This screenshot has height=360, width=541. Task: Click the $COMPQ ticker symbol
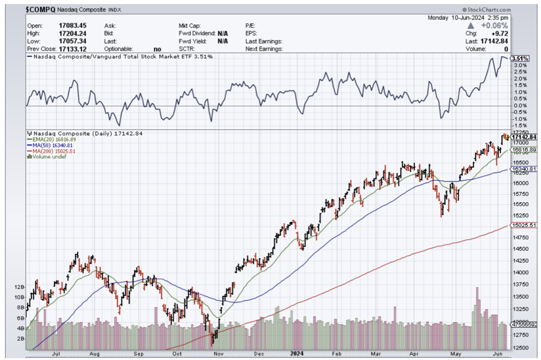(x=40, y=9)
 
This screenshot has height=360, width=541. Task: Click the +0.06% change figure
(x=496, y=26)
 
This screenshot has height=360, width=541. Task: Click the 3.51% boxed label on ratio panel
(x=520, y=58)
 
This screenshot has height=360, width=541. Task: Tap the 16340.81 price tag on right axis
(x=523, y=169)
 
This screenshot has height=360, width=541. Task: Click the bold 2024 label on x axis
(x=298, y=353)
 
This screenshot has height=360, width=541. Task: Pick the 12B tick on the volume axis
(x=20, y=287)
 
